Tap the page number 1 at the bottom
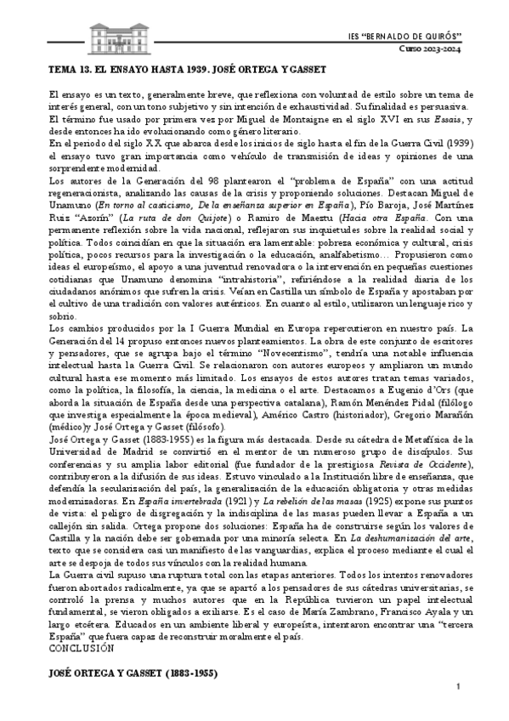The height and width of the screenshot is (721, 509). click(x=458, y=686)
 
